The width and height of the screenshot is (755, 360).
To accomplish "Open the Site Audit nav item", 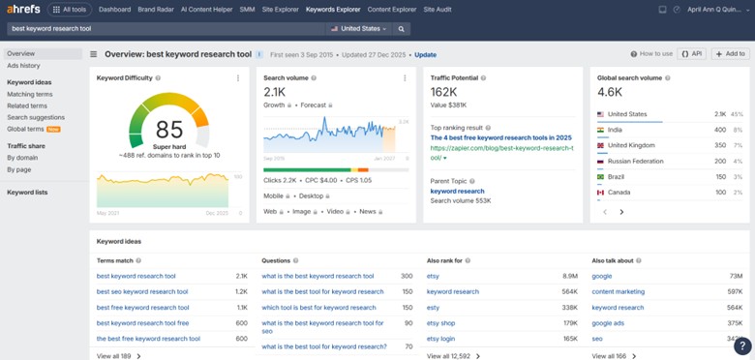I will (438, 10).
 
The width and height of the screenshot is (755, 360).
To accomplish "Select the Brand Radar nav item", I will (156, 10).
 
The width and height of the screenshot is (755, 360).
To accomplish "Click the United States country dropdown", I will (358, 29).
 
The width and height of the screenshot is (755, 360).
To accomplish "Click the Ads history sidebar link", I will (23, 66).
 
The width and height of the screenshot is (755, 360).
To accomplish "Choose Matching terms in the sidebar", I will (30, 95).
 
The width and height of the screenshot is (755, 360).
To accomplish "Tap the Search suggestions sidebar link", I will (36, 117).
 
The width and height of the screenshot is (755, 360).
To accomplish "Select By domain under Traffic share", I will (22, 157).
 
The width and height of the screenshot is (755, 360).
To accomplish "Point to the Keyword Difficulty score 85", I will (168, 129).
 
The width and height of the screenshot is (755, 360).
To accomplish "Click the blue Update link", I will (425, 55).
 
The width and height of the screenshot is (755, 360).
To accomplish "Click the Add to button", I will (730, 54).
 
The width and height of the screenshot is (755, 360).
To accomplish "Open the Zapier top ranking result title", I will (500, 137).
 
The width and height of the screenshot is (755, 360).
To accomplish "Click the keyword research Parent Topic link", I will (457, 191).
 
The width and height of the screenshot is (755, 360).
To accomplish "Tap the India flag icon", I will (601, 130).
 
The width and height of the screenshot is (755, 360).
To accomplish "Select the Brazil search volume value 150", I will (720, 177).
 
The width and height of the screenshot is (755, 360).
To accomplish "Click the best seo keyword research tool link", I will (142, 291).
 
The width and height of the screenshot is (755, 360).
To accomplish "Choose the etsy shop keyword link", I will (440, 323).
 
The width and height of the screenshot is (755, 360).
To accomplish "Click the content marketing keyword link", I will (618, 291).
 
